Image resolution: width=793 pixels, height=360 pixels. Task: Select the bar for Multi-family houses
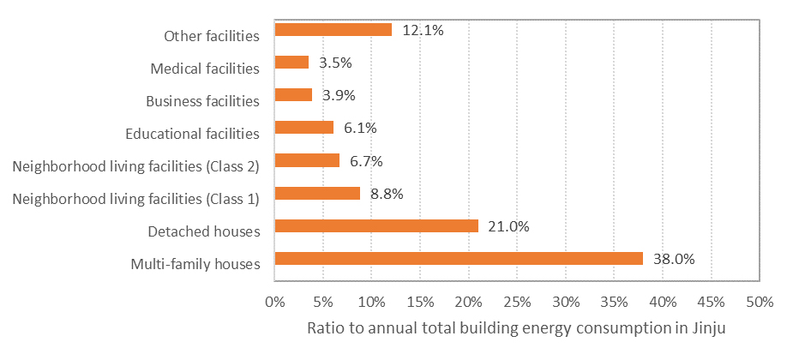[x=459, y=258]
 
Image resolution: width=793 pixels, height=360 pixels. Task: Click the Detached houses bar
[x=376, y=225]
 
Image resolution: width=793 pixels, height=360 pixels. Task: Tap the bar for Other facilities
[x=333, y=30]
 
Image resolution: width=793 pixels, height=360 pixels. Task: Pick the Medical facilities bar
[x=291, y=63]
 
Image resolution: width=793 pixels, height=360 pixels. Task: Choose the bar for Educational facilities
[x=304, y=128]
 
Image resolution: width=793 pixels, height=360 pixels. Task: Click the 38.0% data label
[x=674, y=260]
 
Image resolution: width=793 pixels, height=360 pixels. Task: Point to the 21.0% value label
[x=508, y=226]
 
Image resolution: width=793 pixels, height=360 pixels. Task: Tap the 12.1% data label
[x=423, y=30]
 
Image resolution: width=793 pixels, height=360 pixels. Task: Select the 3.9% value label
[x=339, y=95]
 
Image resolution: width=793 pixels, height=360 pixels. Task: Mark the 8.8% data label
[x=387, y=194]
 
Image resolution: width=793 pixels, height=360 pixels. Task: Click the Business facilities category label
[x=203, y=101]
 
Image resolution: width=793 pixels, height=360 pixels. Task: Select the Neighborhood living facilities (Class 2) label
[x=136, y=167]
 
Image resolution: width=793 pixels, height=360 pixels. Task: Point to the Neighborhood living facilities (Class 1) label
[x=136, y=199]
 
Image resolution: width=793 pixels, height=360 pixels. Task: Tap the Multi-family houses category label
[x=195, y=265]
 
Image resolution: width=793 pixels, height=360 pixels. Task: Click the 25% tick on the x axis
[x=517, y=303]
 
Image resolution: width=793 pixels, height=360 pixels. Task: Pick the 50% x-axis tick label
[x=760, y=303]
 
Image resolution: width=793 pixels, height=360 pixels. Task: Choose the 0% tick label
[x=275, y=303]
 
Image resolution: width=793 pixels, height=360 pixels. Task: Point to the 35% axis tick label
[x=615, y=303]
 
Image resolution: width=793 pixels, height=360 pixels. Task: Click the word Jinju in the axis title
[x=711, y=328]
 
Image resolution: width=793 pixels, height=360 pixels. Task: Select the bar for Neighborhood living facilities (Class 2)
[x=307, y=160]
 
